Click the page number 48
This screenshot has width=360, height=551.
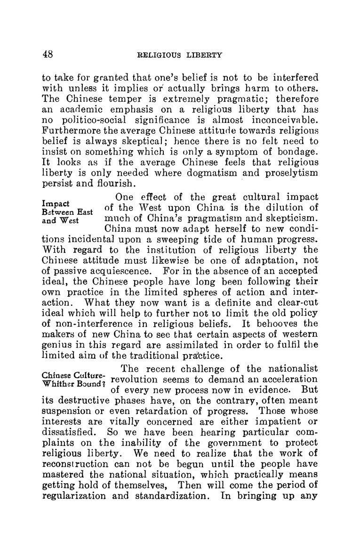(x=47, y=54)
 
